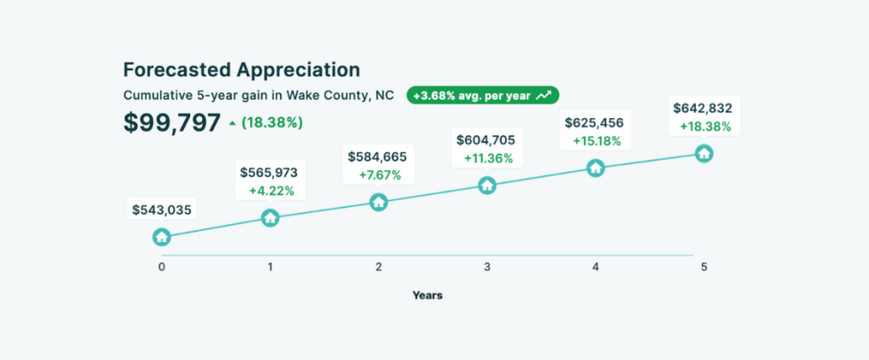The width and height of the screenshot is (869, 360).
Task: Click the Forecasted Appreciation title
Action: pyautogui.click(x=241, y=70)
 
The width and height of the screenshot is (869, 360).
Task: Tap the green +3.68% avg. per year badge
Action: pyautogui.click(x=482, y=95)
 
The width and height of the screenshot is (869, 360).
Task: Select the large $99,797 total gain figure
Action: pyautogui.click(x=172, y=122)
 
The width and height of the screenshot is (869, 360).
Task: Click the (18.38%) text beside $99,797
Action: pyautogui.click(x=272, y=123)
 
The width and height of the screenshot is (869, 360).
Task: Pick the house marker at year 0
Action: pyautogui.click(x=161, y=237)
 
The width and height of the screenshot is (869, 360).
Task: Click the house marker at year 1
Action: pyautogui.click(x=270, y=218)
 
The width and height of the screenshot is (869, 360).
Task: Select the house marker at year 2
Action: pyautogui.click(x=378, y=202)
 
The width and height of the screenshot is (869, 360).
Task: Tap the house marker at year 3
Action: pyautogui.click(x=487, y=185)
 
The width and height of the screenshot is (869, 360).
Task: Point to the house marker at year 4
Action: pyautogui.click(x=596, y=168)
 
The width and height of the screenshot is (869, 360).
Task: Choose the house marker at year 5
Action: pyautogui.click(x=704, y=153)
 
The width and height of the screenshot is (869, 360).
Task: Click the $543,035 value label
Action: pyautogui.click(x=161, y=209)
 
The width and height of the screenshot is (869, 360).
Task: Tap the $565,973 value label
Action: pyautogui.click(x=269, y=172)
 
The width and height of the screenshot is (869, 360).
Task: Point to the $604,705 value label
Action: pyautogui.click(x=485, y=139)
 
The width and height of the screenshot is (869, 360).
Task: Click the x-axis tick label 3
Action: pyautogui.click(x=487, y=267)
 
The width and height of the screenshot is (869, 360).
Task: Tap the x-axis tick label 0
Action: pyautogui.click(x=161, y=267)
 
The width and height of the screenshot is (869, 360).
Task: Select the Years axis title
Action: pyautogui.click(x=427, y=295)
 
